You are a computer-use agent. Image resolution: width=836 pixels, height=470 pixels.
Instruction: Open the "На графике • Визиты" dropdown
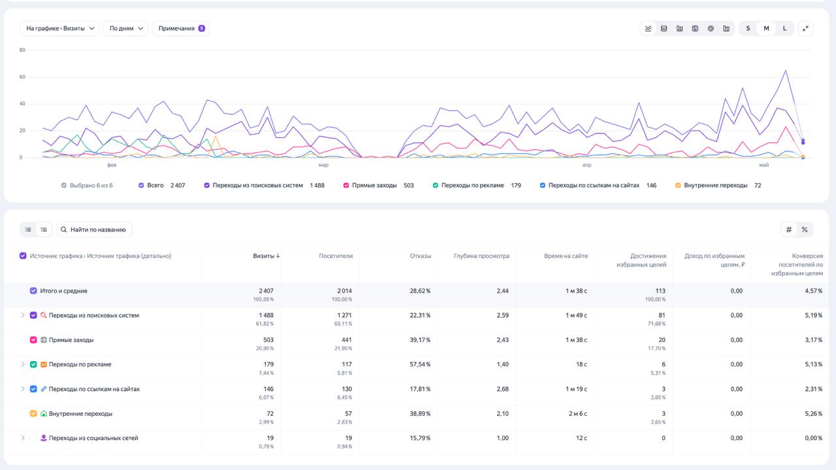[x=59, y=28]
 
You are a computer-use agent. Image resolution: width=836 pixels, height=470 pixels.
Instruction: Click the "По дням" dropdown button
[x=126, y=28]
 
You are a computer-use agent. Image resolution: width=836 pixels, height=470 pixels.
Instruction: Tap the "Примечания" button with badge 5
[x=181, y=28]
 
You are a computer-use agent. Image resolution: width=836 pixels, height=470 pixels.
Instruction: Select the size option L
[x=784, y=28]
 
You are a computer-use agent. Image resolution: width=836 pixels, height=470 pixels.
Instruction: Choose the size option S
[x=748, y=28]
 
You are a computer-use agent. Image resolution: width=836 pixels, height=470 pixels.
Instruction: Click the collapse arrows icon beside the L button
[x=805, y=28]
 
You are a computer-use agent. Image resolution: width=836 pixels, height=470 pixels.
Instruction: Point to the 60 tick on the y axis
[x=22, y=77]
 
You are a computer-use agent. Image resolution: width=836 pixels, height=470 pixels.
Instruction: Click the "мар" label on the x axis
[x=323, y=165]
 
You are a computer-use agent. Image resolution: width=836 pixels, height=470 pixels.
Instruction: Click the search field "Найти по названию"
[x=94, y=229]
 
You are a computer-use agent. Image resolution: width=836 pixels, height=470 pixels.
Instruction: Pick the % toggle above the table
[x=805, y=229]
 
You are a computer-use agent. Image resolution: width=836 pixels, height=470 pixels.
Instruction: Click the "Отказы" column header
[x=420, y=256]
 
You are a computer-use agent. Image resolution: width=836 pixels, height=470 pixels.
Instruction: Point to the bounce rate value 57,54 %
[x=420, y=364]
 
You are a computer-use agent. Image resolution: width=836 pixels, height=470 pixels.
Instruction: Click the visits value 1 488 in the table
[x=266, y=315]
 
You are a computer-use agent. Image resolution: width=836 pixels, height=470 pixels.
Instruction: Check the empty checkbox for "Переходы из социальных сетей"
[x=33, y=438]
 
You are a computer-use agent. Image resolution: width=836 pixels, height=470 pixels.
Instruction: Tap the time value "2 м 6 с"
[x=578, y=413]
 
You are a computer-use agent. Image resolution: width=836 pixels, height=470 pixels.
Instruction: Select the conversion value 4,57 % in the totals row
[x=814, y=290]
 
